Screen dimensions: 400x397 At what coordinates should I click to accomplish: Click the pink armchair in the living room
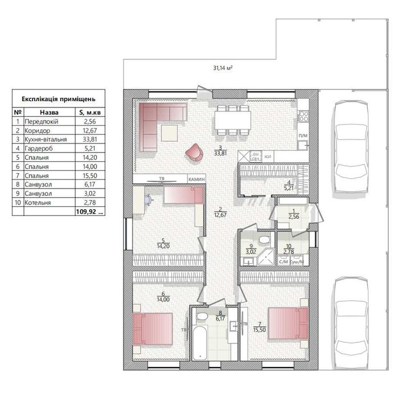click(195, 151)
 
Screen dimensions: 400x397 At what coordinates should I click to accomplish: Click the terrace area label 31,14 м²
click(222, 67)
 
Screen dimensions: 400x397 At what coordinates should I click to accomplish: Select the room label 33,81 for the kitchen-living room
click(219, 153)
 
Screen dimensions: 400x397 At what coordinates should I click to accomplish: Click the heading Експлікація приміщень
click(58, 99)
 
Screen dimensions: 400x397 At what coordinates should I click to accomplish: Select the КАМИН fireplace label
click(194, 179)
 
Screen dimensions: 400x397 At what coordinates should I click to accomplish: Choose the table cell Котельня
click(39, 202)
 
